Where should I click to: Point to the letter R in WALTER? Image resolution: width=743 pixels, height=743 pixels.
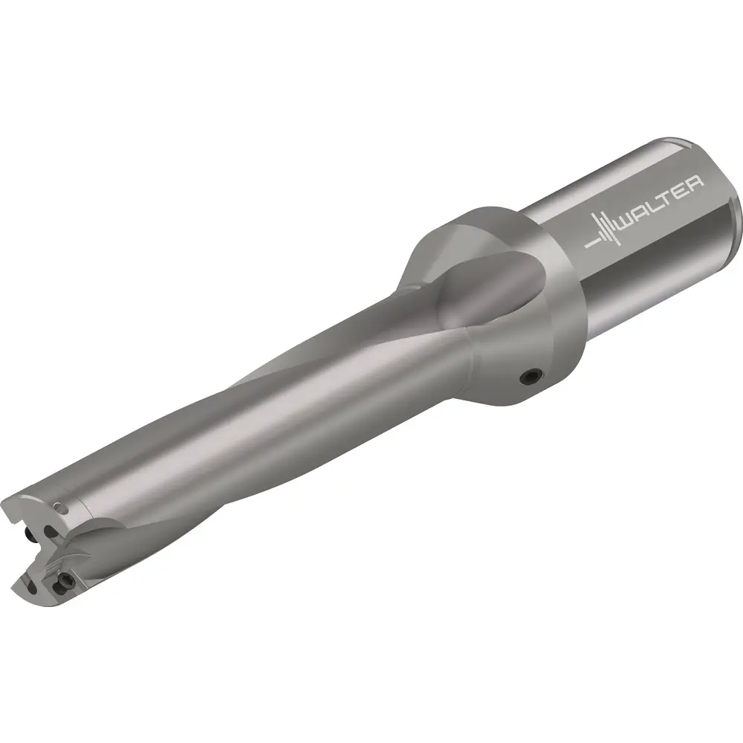click(695, 183)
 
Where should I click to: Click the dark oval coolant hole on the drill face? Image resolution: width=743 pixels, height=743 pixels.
click(48, 531)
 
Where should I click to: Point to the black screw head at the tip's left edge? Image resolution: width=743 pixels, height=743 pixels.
click(30, 536)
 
